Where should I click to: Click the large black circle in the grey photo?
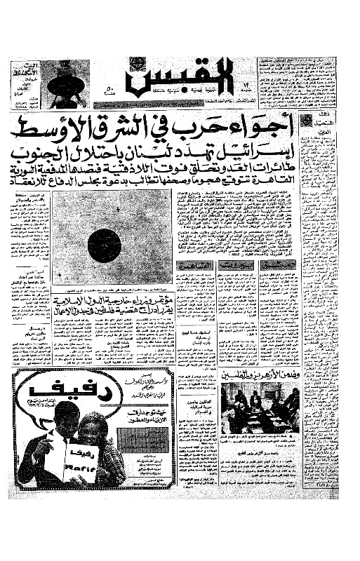coord(105,245)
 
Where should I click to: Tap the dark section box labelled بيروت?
coord(236,265)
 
